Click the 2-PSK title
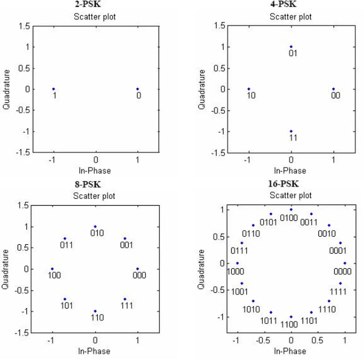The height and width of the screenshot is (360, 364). point(88,4)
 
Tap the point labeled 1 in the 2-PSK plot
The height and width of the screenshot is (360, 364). point(53,89)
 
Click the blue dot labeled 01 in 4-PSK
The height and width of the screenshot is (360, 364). point(291,46)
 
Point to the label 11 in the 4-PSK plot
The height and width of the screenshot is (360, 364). point(293,138)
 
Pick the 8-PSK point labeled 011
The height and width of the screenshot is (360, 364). point(65,238)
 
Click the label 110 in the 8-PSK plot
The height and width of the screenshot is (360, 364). point(97,317)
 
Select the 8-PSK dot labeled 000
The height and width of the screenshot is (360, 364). point(138,269)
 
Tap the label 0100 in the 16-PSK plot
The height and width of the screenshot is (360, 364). point(289,218)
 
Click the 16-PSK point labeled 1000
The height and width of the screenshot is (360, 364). point(237,263)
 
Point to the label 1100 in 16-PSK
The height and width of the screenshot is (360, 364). point(289,325)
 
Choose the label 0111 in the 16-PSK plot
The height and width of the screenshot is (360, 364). point(239,251)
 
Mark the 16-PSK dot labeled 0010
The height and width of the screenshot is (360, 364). point(329,225)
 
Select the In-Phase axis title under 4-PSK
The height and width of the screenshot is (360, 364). point(290,170)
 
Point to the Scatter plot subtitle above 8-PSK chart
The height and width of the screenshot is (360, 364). point(94,196)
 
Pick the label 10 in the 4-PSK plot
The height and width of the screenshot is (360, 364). point(251,96)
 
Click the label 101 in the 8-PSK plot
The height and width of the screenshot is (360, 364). point(67,306)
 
